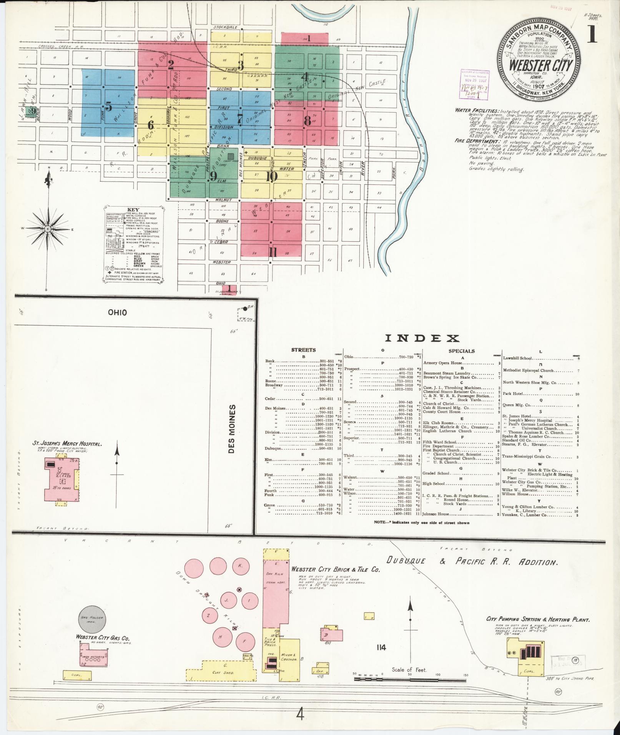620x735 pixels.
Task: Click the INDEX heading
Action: pos(422,338)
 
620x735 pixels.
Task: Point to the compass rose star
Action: pos(48,229)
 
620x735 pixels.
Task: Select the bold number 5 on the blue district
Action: pos(109,107)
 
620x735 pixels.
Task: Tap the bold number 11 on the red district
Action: pos(273,252)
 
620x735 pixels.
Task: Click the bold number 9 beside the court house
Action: pos(213,176)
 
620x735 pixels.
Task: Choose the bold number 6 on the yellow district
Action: pos(151,125)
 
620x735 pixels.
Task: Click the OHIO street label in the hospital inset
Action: pos(117,312)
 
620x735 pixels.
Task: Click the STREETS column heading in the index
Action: pos(303,350)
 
